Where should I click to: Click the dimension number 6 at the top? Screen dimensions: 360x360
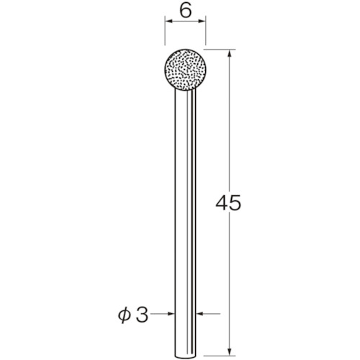(x=186, y=11)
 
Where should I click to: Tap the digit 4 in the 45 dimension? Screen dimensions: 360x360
(x=222, y=202)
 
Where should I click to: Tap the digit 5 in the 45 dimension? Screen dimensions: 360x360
(x=235, y=203)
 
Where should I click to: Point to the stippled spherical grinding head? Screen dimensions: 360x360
(x=184, y=70)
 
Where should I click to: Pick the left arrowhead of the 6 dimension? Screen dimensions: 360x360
(x=168, y=22)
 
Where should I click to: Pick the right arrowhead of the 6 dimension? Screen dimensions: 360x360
(x=202, y=22)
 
